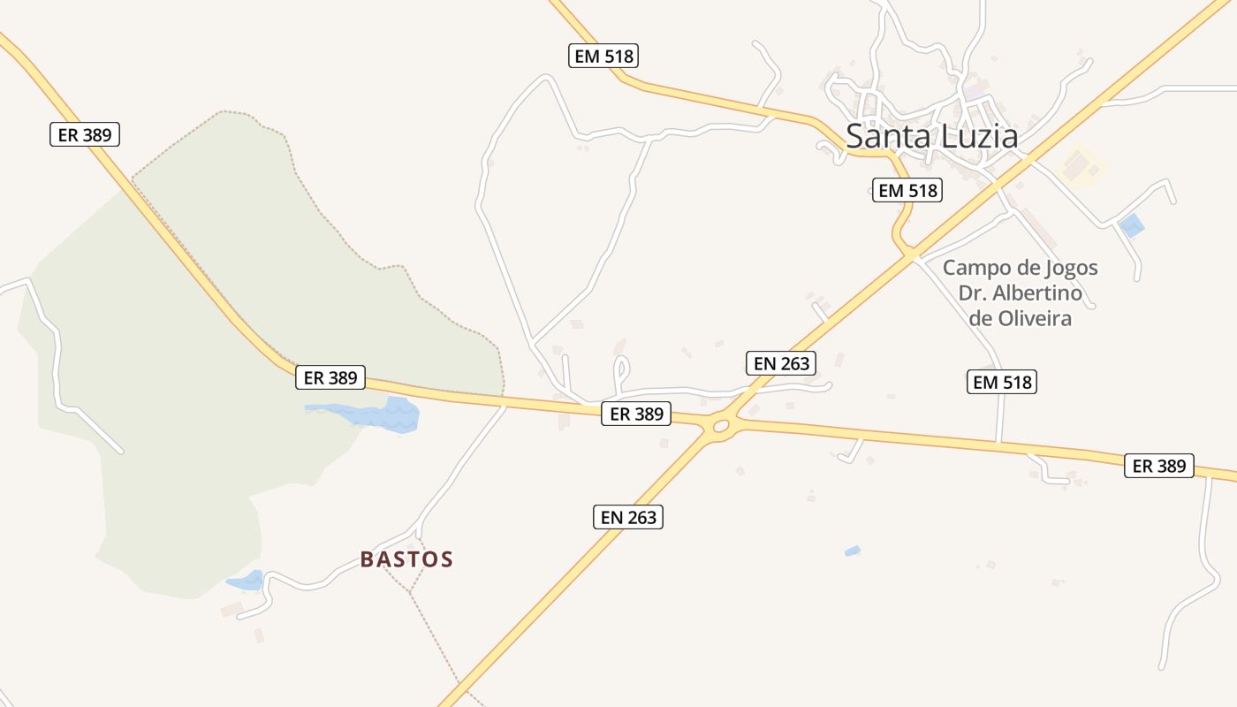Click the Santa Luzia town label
point(931,136)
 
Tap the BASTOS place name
point(406,559)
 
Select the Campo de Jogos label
point(1020,268)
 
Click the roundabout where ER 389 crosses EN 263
point(720,427)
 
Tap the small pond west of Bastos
point(247,581)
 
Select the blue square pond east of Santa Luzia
point(1131,225)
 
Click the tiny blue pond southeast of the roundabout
point(852,551)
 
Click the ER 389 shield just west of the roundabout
point(636,414)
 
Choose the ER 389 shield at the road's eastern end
point(1158,466)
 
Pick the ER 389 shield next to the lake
point(330,377)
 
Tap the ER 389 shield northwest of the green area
point(84,134)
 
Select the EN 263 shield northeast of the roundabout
point(780,363)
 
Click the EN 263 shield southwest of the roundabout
point(627,517)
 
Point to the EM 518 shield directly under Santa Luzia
point(907,190)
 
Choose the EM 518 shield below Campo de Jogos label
point(1002,382)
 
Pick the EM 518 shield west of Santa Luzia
point(603,57)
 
